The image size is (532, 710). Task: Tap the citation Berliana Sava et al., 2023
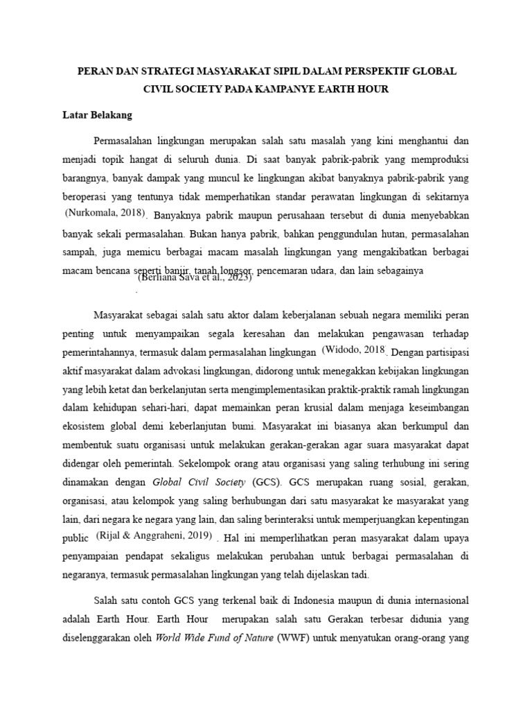[x=195, y=277]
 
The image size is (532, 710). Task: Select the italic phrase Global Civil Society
[x=199, y=480]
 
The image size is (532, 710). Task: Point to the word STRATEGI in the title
[x=165, y=71]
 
